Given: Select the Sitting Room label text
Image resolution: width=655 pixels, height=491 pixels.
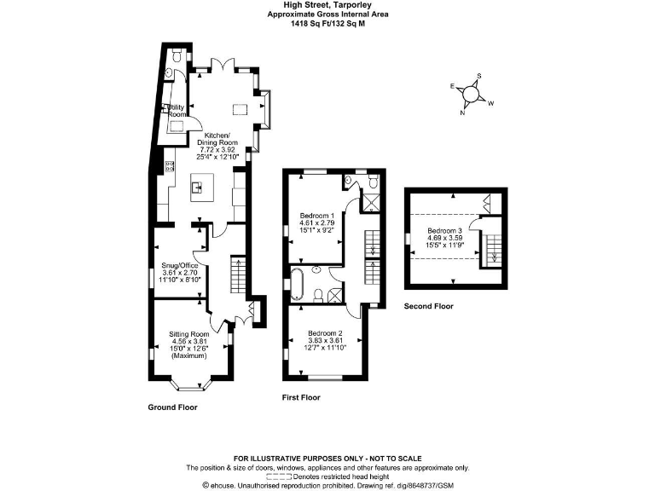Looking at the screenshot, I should tap(188, 341).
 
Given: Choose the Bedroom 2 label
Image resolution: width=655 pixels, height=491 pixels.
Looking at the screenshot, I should tap(325, 339).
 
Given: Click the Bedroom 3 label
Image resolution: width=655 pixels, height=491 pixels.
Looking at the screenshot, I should tap(444, 237).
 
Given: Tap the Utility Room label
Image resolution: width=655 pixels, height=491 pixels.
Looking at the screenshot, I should tap(177, 110).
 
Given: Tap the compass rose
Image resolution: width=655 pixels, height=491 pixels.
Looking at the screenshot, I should tap(471, 92).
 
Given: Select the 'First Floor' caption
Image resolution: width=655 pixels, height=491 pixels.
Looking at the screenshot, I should tap(301, 397).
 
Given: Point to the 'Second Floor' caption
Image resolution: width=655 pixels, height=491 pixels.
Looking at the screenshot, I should tap(429, 306).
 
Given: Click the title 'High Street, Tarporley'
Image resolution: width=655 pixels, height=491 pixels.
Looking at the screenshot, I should tap(327, 5).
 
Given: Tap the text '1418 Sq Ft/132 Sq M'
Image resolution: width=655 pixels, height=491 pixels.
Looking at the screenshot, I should tap(327, 24).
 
